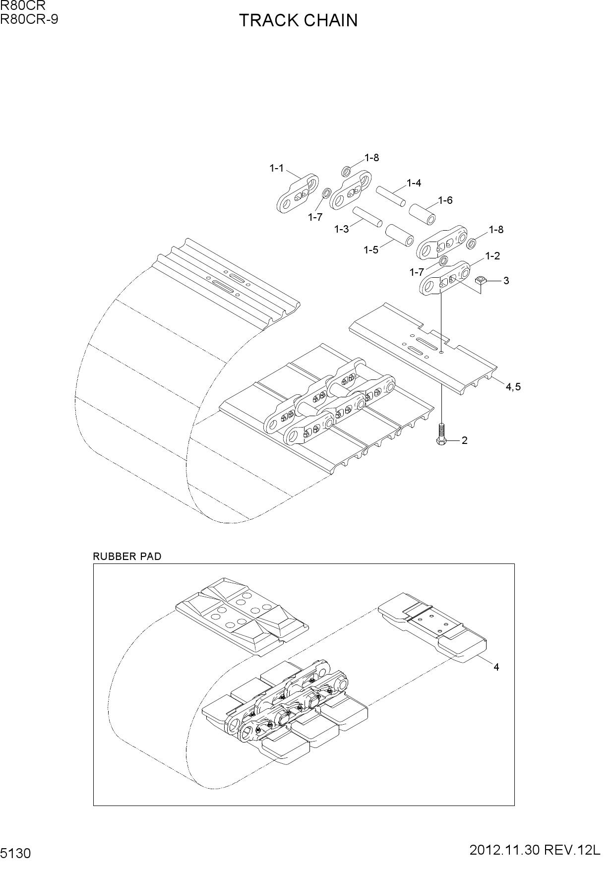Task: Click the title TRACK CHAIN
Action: pyautogui.click(x=298, y=20)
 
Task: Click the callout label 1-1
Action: pyautogui.click(x=277, y=168)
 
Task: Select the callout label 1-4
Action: pyautogui.click(x=414, y=183)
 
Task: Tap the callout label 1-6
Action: pyautogui.click(x=445, y=200)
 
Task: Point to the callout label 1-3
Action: pyautogui.click(x=341, y=229)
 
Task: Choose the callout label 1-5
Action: pyautogui.click(x=371, y=249)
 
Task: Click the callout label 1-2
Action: pyautogui.click(x=492, y=256)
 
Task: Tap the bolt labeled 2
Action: pyautogui.click(x=441, y=433)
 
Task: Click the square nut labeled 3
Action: pyautogui.click(x=480, y=281)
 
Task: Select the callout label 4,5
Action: pyautogui.click(x=513, y=387)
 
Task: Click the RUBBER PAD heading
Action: pyautogui.click(x=127, y=557)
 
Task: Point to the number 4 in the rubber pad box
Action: pyautogui.click(x=496, y=667)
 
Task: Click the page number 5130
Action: pyautogui.click(x=16, y=854)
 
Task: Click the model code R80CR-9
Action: pyautogui.click(x=29, y=19)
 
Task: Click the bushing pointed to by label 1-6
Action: pyautogui.click(x=423, y=213)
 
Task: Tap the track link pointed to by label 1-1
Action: pyautogui.click(x=297, y=193)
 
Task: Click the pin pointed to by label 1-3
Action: pyautogui.click(x=368, y=217)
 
